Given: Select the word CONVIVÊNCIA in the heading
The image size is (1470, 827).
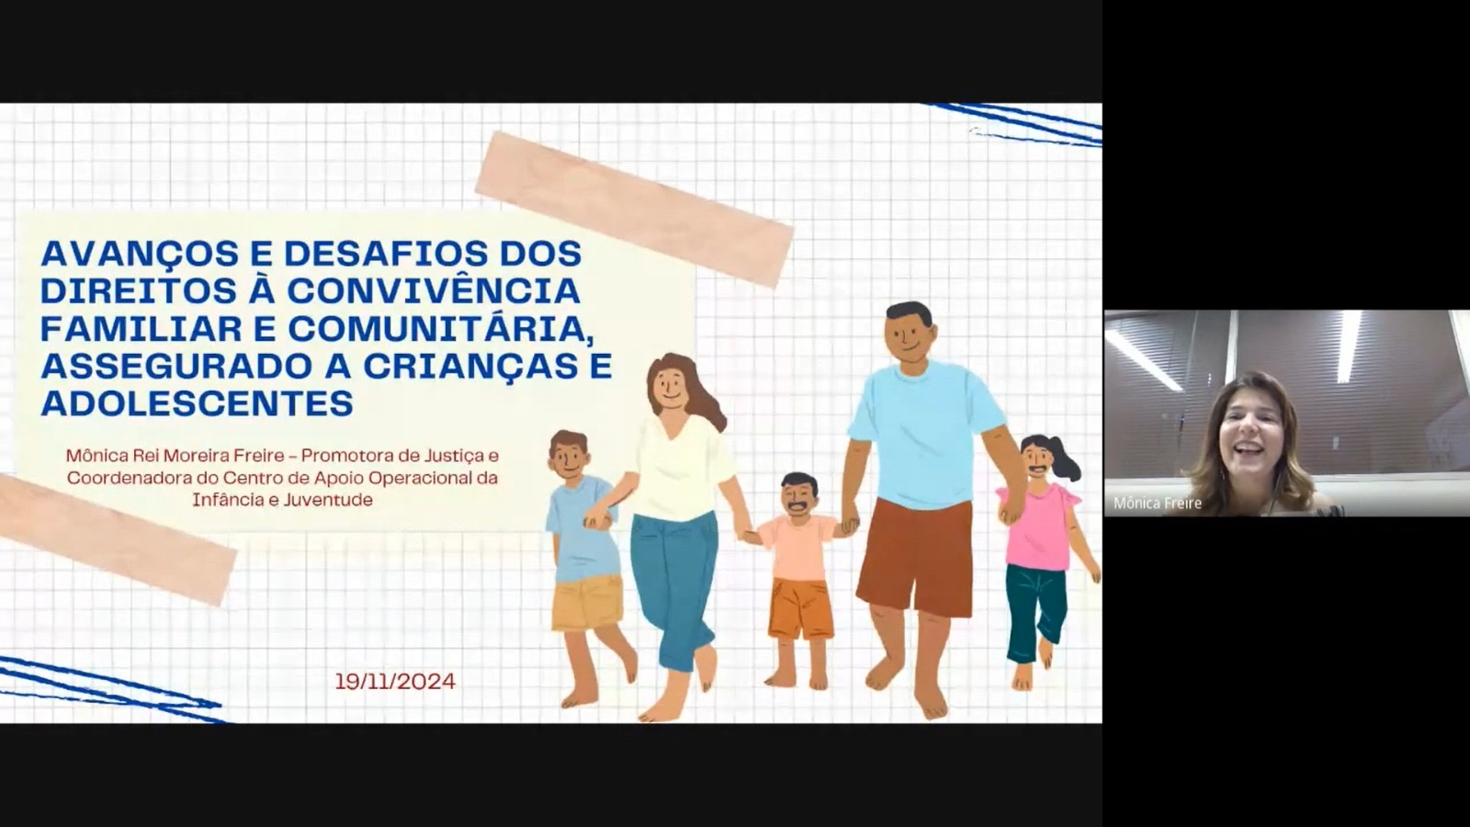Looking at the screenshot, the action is (x=434, y=290).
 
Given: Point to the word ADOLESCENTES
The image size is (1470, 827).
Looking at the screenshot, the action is (x=197, y=403).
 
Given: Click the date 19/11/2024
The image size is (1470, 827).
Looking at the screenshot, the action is (x=395, y=681).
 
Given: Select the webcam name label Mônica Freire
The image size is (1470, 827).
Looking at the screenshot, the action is (x=1157, y=504).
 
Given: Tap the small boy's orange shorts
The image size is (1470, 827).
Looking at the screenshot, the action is (x=800, y=608).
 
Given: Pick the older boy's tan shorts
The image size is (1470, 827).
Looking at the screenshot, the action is (x=587, y=602).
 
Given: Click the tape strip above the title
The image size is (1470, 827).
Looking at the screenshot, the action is (x=634, y=210).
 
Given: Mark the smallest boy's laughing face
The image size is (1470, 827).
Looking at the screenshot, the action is (x=798, y=497).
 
